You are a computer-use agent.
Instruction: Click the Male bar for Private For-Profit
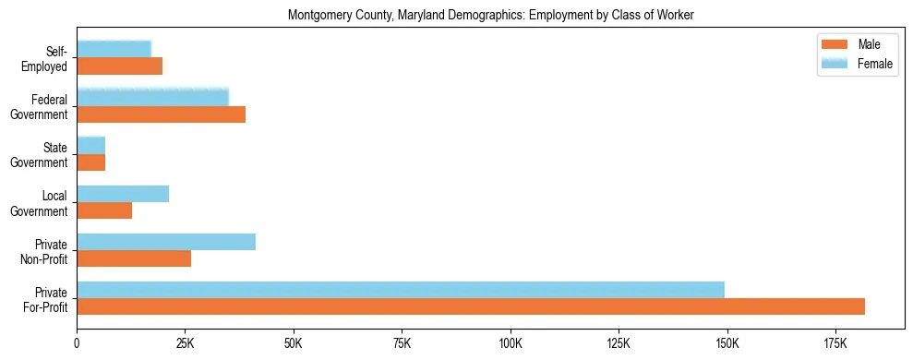click(x=471, y=306)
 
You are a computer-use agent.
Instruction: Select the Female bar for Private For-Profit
click(x=401, y=290)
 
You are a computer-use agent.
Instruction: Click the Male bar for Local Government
click(x=104, y=210)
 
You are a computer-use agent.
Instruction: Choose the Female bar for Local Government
click(x=123, y=194)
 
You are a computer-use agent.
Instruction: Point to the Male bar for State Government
click(x=91, y=162)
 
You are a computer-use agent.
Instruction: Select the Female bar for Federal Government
click(x=152, y=98)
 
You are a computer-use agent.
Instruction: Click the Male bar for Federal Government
click(x=162, y=114)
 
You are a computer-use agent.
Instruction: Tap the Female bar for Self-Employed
click(x=114, y=50)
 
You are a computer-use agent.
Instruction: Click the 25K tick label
click(x=185, y=343)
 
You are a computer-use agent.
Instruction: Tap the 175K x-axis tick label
click(x=835, y=343)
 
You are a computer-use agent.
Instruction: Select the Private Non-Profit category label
click(x=47, y=250)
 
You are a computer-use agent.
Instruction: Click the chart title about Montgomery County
click(x=491, y=16)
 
